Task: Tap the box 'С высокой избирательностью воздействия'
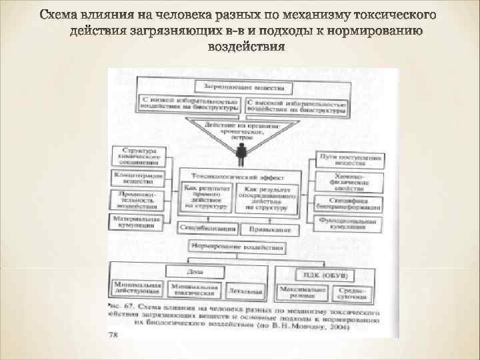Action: tap(297, 105)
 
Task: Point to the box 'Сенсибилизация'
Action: tap(207, 229)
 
